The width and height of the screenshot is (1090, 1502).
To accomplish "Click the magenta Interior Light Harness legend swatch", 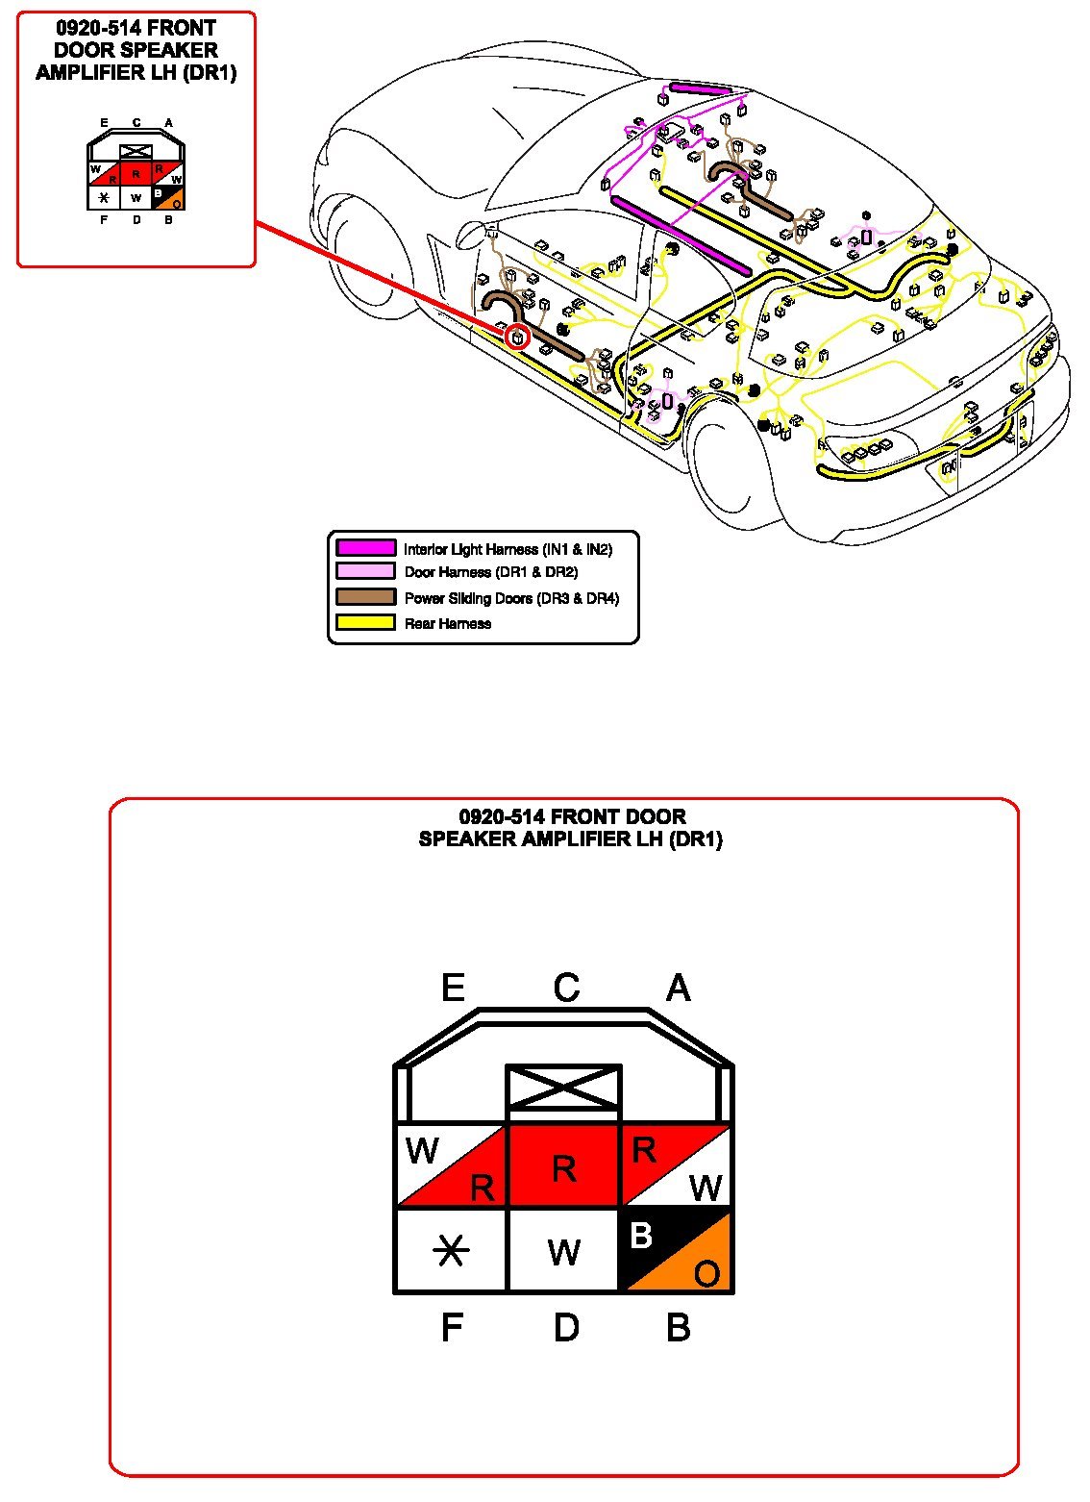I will (x=365, y=548).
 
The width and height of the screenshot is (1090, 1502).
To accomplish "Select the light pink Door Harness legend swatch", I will (x=365, y=571).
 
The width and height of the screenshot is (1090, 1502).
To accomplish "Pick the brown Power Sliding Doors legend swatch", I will (x=365, y=597).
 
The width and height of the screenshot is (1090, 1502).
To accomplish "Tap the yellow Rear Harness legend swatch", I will (x=365, y=622).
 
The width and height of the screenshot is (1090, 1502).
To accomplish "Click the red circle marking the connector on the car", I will (x=517, y=336).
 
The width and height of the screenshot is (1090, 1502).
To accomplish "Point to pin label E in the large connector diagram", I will (x=453, y=989).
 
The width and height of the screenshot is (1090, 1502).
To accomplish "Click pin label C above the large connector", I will (x=566, y=989).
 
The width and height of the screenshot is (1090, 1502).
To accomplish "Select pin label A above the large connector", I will (x=678, y=989).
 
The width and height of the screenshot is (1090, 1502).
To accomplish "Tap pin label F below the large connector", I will (x=452, y=1328).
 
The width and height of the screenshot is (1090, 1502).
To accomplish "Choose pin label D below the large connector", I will (x=566, y=1328).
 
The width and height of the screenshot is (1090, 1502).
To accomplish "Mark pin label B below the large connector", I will (x=678, y=1328).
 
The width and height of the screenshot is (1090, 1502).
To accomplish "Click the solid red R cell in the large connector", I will (x=563, y=1166).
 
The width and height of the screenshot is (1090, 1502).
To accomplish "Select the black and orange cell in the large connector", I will (x=677, y=1250).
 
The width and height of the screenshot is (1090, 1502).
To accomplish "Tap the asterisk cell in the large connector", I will (x=451, y=1250).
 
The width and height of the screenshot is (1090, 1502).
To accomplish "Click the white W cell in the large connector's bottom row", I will (x=563, y=1250).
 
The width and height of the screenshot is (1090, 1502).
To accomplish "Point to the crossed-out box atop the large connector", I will (x=563, y=1088).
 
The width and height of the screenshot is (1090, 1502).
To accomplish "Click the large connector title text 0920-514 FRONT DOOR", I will (x=572, y=817).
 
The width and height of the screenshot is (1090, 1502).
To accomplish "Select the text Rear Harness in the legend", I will (x=448, y=624).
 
